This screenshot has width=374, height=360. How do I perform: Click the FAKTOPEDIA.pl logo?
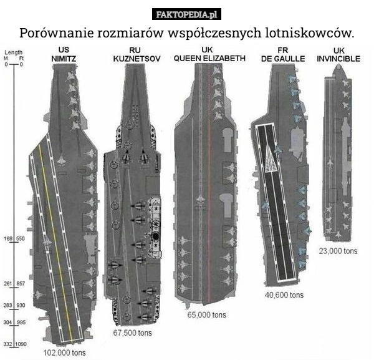tap(186, 14)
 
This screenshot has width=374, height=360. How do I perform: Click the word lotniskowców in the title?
tap(310, 33)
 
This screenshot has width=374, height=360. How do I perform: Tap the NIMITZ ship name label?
tap(64, 59)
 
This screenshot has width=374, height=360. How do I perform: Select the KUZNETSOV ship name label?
tap(137, 59)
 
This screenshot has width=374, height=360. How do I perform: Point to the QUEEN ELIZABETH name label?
tap(209, 58)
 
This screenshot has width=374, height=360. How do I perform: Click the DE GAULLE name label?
tap(283, 59)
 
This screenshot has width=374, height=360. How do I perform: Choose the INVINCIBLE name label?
tap(338, 59)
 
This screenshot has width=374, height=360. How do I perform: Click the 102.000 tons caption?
tap(64, 353)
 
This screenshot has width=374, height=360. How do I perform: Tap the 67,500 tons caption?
tap(132, 333)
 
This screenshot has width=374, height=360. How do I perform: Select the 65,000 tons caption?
tap(206, 314)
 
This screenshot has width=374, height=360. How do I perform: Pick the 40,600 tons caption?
tap(284, 295)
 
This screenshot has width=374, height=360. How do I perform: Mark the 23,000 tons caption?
tap(338, 251)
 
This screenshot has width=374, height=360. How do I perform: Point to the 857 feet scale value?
tap(21, 284)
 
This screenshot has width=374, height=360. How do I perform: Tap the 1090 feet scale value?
tap(21, 344)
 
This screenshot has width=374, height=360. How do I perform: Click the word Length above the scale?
tap(14, 52)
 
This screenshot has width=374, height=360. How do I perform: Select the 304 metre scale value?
tap(7, 323)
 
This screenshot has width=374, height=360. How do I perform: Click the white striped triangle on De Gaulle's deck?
tap(271, 160)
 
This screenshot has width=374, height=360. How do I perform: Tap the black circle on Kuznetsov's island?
tap(155, 236)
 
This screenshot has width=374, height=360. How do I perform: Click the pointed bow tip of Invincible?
tap(338, 65)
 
